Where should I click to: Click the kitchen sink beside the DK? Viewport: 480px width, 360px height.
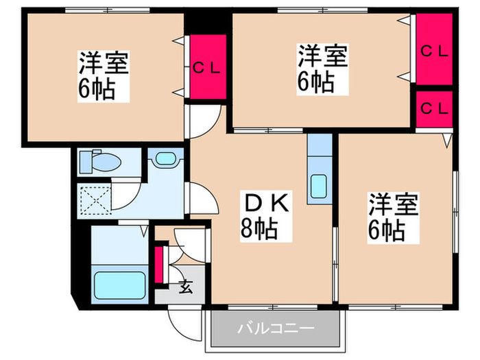[x=319, y=186]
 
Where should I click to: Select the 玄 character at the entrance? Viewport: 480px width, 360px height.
[x=187, y=287]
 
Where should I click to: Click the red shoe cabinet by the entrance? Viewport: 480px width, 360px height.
[x=160, y=263]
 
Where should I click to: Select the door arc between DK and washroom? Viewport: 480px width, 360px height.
[x=200, y=200]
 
